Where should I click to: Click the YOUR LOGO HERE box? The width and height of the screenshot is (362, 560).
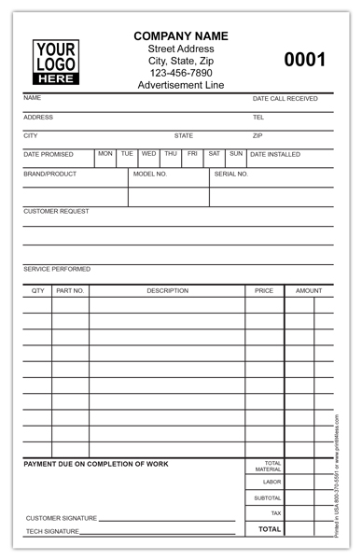pyautogui.click(x=56, y=62)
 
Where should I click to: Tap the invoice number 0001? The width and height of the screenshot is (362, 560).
pyautogui.click(x=304, y=61)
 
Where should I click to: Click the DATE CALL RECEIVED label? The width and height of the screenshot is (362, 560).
pyautogui.click(x=285, y=98)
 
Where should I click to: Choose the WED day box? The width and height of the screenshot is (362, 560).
pyautogui.click(x=148, y=153)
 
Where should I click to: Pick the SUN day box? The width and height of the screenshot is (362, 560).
pyautogui.click(x=235, y=153)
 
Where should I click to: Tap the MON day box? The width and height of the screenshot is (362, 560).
pyautogui.click(x=105, y=153)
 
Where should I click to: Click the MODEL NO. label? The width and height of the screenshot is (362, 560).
pyautogui.click(x=150, y=174)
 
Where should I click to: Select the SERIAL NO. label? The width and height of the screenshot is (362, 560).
pyautogui.click(x=231, y=174)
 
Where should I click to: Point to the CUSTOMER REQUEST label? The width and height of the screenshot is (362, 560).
pyautogui.click(x=56, y=211)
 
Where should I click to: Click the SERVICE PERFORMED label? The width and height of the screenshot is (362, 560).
pyautogui.click(x=57, y=269)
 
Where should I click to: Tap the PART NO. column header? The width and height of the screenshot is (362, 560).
pyautogui.click(x=70, y=290)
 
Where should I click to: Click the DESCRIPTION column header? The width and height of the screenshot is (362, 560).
pyautogui.click(x=167, y=290)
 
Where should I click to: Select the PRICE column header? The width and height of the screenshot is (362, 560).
pyautogui.click(x=264, y=290)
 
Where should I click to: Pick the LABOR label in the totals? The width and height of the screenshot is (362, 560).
pyautogui.click(x=271, y=482)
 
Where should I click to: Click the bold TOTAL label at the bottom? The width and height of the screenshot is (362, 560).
pyautogui.click(x=269, y=529)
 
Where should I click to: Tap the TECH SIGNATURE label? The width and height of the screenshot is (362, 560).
pyautogui.click(x=52, y=532)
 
